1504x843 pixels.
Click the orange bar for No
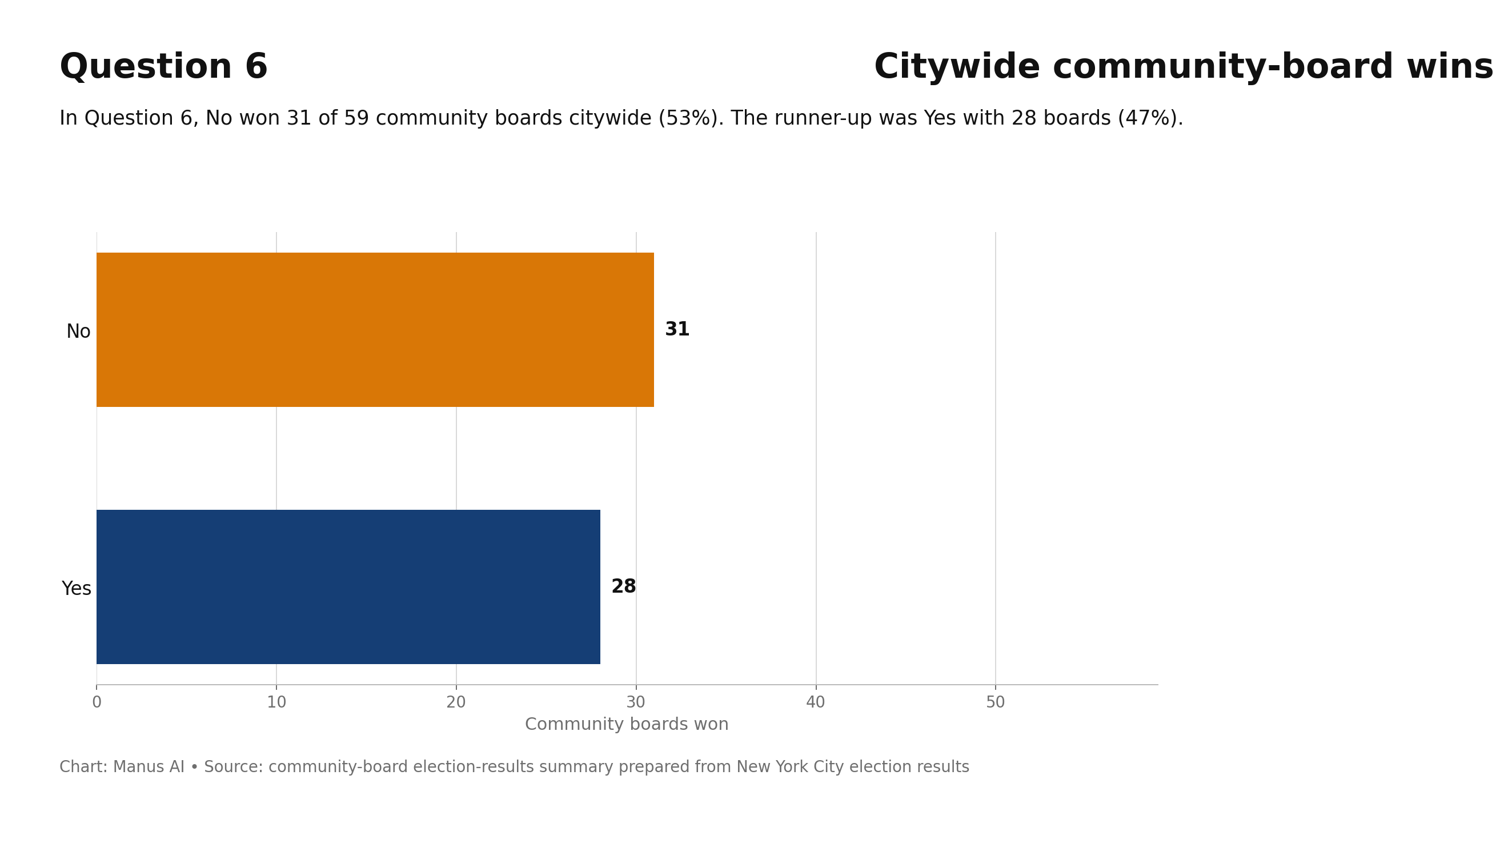(375, 330)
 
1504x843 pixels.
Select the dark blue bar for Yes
(348, 586)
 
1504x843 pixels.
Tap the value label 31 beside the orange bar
(677, 330)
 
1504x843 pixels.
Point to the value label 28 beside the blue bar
(624, 586)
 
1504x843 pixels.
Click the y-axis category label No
(78, 332)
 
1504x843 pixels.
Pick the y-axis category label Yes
(77, 589)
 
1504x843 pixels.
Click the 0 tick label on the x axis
(97, 703)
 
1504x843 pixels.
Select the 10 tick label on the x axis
(276, 703)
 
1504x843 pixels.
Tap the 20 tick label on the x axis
(456, 703)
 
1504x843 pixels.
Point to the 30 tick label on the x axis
(636, 703)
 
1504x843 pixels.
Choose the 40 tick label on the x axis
(816, 703)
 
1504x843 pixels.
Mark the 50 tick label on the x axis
(996, 703)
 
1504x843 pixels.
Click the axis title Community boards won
(627, 724)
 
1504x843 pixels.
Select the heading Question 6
(163, 67)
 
